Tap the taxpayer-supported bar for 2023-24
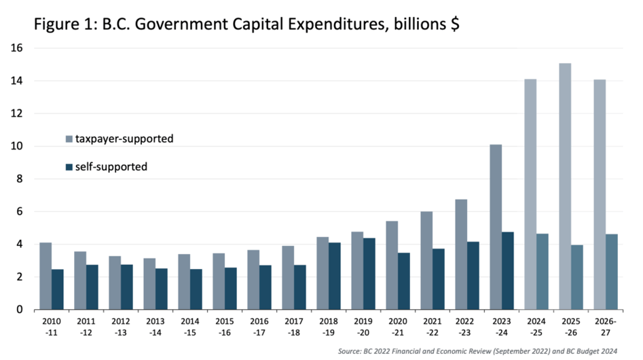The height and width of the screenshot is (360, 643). point(496,227)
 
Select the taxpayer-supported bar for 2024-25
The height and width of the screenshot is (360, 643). point(531,194)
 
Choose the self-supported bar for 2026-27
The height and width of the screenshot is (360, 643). point(612,272)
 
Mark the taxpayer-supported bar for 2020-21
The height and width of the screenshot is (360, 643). point(392,265)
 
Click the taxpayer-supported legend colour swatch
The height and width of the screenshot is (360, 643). point(69,139)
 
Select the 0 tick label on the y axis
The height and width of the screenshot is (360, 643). point(20,310)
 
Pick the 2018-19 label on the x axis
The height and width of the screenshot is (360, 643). point(329,325)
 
